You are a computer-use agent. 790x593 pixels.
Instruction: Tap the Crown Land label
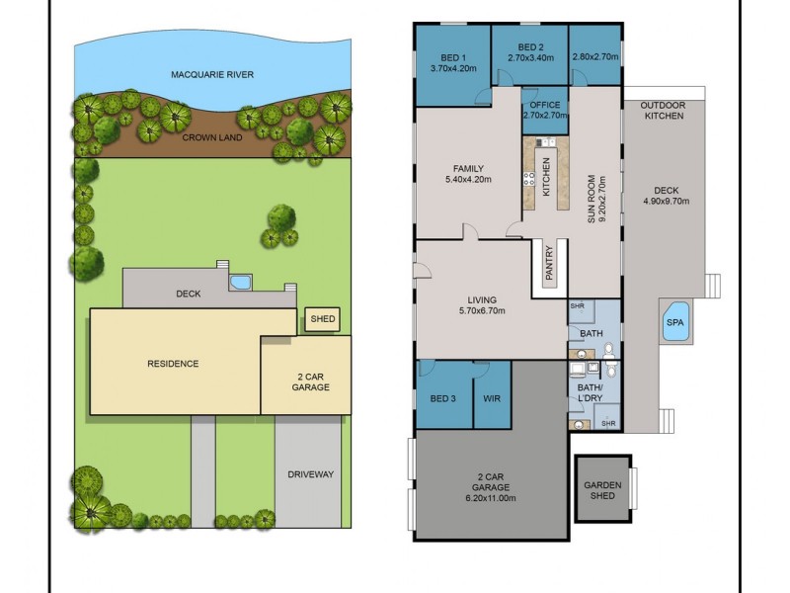212,137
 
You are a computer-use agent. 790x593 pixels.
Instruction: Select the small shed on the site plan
323,319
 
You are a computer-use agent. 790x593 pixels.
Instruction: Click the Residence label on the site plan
173,364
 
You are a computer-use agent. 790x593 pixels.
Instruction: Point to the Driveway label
310,474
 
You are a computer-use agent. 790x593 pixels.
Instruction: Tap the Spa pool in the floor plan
675,322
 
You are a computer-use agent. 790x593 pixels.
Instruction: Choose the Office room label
544,105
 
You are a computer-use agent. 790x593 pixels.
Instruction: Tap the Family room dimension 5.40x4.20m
469,181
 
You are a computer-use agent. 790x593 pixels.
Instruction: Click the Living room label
482,299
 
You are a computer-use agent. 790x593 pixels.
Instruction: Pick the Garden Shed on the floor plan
602,490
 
